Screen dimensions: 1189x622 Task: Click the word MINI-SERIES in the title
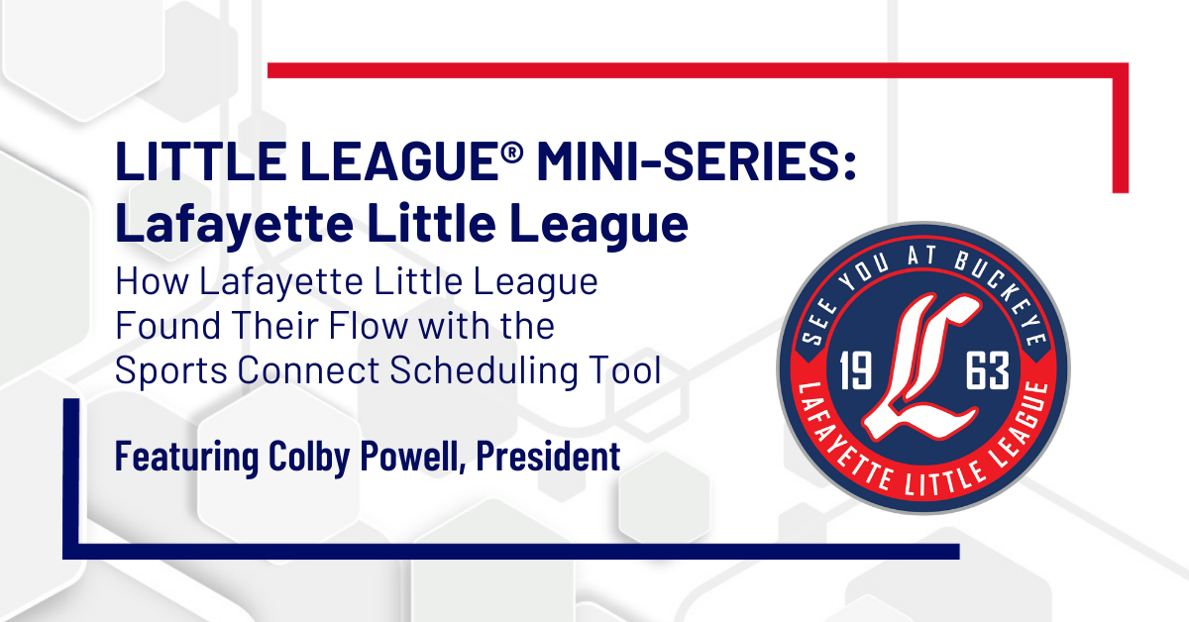697,161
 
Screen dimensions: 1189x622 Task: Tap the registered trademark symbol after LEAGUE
511,153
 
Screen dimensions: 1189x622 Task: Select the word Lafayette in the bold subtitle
235,224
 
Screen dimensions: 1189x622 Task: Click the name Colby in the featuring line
309,457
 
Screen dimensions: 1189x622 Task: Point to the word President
548,456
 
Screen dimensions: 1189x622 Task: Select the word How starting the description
152,281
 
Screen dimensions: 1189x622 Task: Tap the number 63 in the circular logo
987,371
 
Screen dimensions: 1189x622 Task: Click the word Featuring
186,457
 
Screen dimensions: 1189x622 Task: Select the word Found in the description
167,325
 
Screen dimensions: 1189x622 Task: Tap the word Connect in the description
309,369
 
